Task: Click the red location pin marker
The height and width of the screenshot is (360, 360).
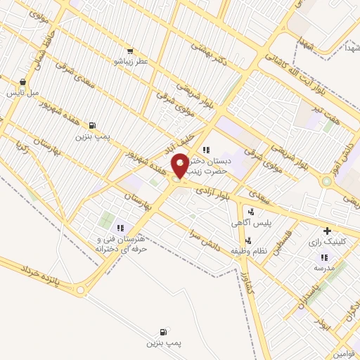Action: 180,165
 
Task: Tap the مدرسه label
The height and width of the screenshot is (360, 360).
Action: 324,268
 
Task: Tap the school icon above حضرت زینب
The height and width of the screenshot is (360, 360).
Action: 205,150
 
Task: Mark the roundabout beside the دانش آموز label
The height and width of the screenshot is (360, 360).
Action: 326,181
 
